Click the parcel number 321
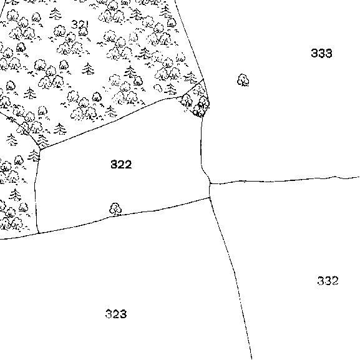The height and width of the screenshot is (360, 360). point(80,24)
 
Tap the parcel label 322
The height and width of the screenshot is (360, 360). point(121,164)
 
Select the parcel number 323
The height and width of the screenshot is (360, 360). point(116,314)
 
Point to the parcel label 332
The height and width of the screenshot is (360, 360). point(328,281)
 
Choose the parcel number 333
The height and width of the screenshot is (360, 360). point(321,53)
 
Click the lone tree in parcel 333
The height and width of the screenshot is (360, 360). point(243,80)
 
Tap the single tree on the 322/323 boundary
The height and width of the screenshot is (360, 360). point(115,209)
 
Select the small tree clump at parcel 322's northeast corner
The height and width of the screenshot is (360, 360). point(197,101)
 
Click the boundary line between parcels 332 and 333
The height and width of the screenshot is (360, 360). point(285,180)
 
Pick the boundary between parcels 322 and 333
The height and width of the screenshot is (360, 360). point(202,149)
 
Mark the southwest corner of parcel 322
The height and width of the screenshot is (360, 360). point(39,233)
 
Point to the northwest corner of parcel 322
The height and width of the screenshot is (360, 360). point(40,150)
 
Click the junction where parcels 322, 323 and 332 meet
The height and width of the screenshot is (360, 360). point(210,197)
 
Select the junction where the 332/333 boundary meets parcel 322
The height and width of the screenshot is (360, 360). point(210,183)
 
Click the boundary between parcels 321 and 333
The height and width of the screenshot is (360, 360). point(190,40)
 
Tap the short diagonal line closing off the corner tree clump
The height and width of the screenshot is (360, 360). point(192,88)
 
